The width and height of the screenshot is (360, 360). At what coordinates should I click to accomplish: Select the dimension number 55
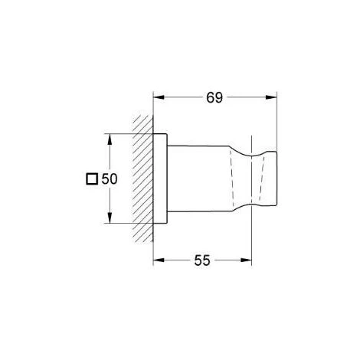[x=203, y=260]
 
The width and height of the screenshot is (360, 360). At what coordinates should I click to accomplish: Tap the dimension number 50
[x=108, y=179]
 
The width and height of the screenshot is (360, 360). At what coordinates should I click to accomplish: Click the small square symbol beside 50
[x=92, y=179]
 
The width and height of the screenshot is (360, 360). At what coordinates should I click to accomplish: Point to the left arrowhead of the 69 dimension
[x=159, y=98]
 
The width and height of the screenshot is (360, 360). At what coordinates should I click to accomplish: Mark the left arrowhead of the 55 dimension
[x=159, y=260]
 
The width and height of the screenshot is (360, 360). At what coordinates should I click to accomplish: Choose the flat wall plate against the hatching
[x=161, y=179]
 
